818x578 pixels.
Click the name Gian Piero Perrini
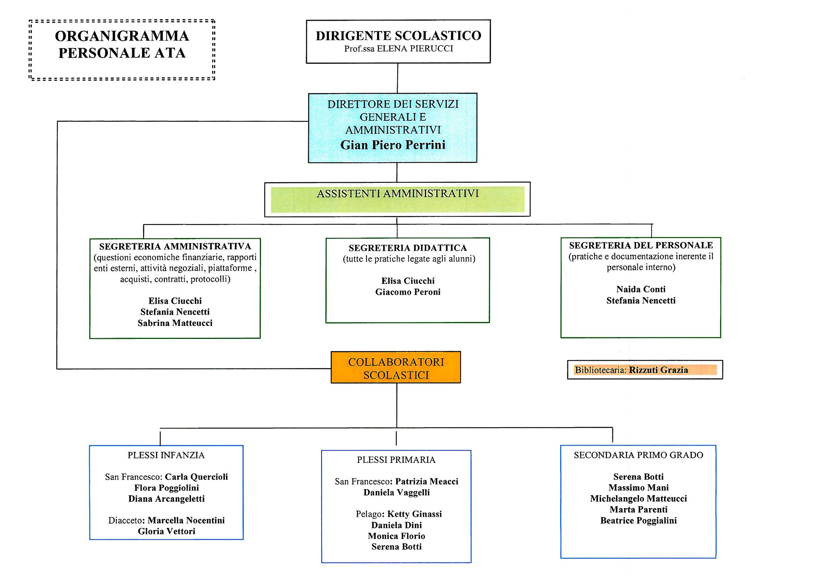(393, 145)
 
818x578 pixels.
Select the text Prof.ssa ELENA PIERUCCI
(398, 49)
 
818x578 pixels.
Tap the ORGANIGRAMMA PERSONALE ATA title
(122, 44)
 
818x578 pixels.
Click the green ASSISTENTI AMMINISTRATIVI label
(397, 194)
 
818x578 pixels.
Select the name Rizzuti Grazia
(658, 370)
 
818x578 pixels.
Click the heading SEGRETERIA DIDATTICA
(408, 248)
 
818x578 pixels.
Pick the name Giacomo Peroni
(408, 292)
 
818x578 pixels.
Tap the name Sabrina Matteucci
(175, 323)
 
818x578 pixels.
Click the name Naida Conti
(641, 289)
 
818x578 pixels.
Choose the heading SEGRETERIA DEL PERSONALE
(641, 245)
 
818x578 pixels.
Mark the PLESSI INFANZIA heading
(166, 455)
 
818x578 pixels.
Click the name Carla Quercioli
(196, 477)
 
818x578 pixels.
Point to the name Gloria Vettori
(167, 531)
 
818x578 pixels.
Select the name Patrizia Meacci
(427, 481)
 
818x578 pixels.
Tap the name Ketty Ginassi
(414, 514)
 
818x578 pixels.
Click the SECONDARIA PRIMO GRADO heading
(639, 455)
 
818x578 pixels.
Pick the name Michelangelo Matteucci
(639, 499)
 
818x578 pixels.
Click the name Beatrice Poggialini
(639, 521)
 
